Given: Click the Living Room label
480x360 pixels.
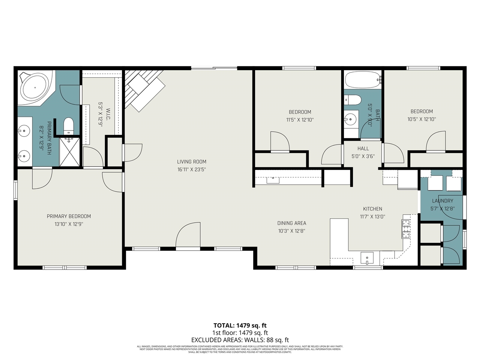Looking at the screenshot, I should click(192, 162).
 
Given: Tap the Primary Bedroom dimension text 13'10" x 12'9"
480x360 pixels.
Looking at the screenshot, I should click(69, 224).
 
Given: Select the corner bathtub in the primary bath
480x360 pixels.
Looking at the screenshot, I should click(35, 87).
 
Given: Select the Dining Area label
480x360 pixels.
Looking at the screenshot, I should click(291, 223).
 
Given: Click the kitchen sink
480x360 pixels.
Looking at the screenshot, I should click(367, 258).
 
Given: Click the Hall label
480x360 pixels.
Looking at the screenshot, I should click(363, 148).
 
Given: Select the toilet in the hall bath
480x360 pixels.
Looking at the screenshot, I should click(353, 100).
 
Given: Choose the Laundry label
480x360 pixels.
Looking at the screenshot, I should click(442, 201).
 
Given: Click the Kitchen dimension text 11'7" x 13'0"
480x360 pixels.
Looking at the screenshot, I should click(372, 216).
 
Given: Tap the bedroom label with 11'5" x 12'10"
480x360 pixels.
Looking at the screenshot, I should click(300, 112).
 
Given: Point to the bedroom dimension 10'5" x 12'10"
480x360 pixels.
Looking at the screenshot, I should click(421, 119).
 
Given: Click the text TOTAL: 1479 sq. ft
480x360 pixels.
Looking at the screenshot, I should click(240, 325).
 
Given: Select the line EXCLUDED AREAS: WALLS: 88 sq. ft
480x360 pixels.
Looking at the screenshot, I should click(240, 340).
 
